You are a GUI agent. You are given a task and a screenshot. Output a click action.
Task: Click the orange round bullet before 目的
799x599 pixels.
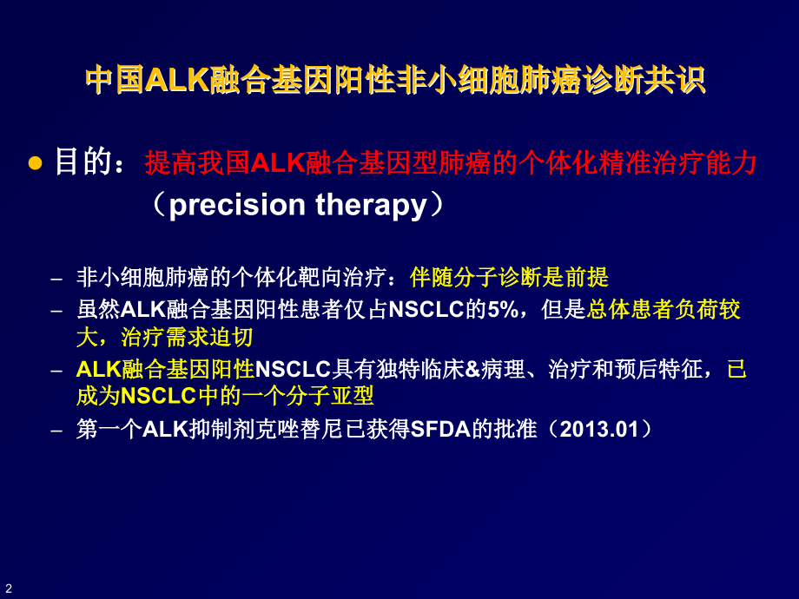(36, 163)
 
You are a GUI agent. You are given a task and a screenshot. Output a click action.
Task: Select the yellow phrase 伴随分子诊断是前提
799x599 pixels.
(510, 278)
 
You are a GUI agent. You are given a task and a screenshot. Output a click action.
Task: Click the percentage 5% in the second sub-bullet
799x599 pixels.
(503, 310)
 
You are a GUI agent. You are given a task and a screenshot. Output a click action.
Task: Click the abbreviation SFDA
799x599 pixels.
(437, 429)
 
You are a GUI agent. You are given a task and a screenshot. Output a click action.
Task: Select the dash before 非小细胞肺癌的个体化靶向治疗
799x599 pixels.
(57, 279)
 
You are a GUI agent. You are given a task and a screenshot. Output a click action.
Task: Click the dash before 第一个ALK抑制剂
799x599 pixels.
(57, 430)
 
